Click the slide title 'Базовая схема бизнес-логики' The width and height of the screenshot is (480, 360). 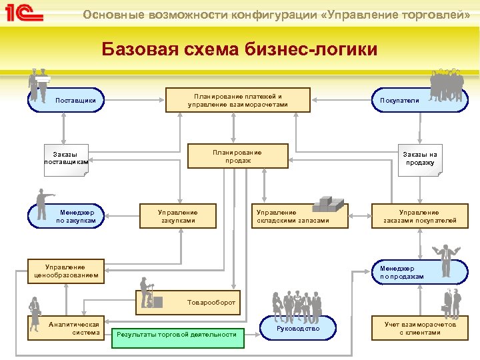pyautogui.click(x=239, y=49)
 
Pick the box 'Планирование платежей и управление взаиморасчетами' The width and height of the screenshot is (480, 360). pyautogui.click(x=238, y=100)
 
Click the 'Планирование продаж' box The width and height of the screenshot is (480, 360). pyautogui.click(x=238, y=156)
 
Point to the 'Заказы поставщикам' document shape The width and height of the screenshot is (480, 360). pyautogui.click(x=65, y=159)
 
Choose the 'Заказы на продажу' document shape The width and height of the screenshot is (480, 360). pyautogui.click(x=419, y=159)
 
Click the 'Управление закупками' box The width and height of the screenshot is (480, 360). pyautogui.click(x=177, y=216)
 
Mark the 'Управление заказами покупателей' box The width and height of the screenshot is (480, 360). pyautogui.click(x=419, y=216)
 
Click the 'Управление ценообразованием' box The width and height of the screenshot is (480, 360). pyautogui.click(x=66, y=270)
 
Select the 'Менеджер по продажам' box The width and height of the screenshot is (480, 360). pyautogui.click(x=410, y=271)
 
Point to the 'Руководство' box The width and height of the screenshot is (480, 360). pyautogui.click(x=297, y=328)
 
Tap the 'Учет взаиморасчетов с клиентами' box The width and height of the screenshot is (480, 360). pyautogui.click(x=419, y=328)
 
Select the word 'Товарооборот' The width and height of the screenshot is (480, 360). pyautogui.click(x=211, y=302)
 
